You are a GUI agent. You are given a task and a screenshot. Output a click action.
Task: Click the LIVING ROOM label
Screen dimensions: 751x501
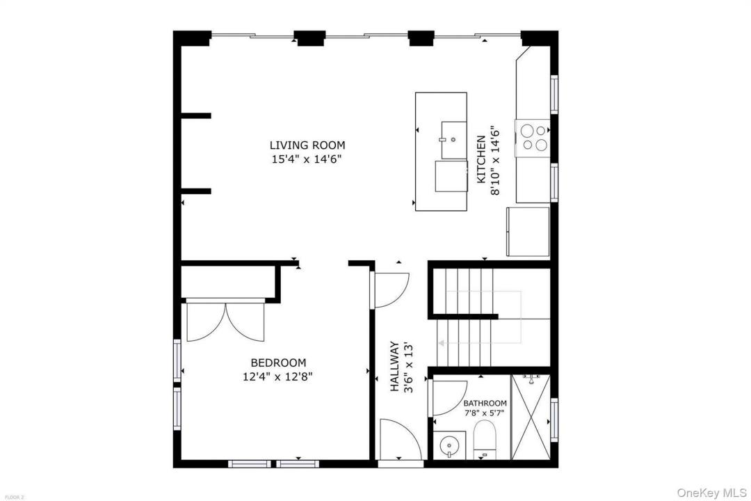pyautogui.click(x=307, y=145)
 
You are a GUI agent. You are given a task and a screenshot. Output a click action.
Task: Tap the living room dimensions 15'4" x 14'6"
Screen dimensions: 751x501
pyautogui.click(x=307, y=159)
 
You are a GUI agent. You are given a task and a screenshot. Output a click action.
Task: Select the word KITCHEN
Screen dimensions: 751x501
pyautogui.click(x=481, y=159)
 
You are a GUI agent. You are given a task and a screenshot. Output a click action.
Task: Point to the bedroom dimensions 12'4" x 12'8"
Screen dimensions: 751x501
pyautogui.click(x=277, y=377)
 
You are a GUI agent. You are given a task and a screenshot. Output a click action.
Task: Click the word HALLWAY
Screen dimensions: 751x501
pyautogui.click(x=394, y=366)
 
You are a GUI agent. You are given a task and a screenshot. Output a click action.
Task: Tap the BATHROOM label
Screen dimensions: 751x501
pyautogui.click(x=485, y=404)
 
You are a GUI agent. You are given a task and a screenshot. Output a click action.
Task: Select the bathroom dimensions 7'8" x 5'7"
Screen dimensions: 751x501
pyautogui.click(x=485, y=413)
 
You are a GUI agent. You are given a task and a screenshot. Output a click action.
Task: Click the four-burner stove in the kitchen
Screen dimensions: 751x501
pyautogui.click(x=533, y=138)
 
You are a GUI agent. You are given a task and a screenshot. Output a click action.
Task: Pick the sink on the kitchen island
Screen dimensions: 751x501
pyautogui.click(x=453, y=140)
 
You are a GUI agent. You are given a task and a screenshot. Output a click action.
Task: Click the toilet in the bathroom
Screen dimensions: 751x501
pyautogui.click(x=484, y=439)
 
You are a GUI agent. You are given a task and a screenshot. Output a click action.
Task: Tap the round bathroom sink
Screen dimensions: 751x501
pyautogui.click(x=449, y=445)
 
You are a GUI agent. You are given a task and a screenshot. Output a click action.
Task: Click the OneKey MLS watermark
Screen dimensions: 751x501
pyautogui.click(x=711, y=493)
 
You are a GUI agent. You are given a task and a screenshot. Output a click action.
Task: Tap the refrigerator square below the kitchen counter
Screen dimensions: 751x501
pyautogui.click(x=528, y=232)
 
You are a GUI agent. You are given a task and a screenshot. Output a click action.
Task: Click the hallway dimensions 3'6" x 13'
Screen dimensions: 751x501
pyautogui.click(x=408, y=367)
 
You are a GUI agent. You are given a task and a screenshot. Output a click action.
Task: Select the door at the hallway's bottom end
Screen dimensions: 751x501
pyautogui.click(x=401, y=440)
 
